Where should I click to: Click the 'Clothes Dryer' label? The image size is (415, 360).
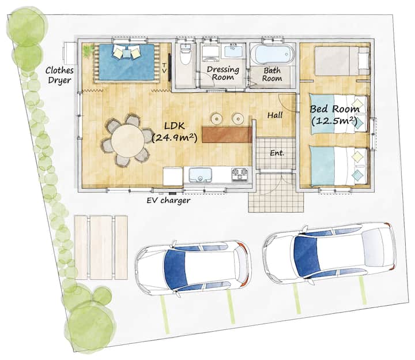(x=59, y=75)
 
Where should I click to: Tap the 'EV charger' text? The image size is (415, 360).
(x=168, y=201)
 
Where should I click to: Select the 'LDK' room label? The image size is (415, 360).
(x=175, y=126)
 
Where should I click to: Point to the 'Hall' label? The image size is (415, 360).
(x=275, y=115)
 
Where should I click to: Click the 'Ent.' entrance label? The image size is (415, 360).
(x=277, y=153)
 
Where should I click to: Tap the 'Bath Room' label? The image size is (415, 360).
(x=272, y=74)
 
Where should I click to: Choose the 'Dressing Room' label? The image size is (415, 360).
(x=223, y=73)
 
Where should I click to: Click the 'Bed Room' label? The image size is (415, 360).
(x=334, y=109)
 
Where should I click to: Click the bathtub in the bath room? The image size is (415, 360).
(x=273, y=54)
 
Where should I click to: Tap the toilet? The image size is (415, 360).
(x=185, y=54)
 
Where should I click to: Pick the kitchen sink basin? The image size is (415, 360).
(x=201, y=175)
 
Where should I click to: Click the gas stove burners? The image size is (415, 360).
(x=240, y=174)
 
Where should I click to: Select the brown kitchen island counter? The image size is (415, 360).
(x=227, y=134)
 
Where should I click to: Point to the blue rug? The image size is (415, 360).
(x=126, y=62)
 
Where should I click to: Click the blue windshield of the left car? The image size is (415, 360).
(x=175, y=269)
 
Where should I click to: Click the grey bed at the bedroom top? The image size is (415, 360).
(x=342, y=61)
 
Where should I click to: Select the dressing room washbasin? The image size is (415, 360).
(x=233, y=51)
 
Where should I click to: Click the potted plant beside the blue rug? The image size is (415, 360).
(x=88, y=51)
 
